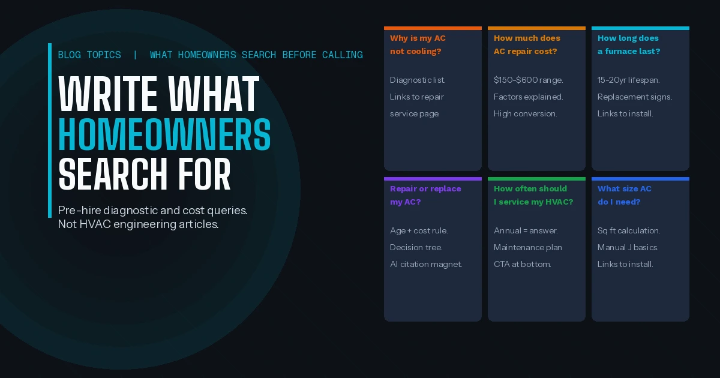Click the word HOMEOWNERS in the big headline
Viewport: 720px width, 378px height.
coord(164,134)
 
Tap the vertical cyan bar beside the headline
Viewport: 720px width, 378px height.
coord(50,131)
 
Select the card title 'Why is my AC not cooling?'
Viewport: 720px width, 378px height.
coord(418,44)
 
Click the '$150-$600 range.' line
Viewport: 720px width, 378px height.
coord(528,80)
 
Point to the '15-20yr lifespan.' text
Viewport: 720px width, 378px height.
coord(628,80)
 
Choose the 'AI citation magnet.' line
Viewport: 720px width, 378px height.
coord(426,264)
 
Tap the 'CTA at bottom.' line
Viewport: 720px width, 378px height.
coord(523,264)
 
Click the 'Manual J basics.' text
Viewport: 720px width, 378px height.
coord(628,247)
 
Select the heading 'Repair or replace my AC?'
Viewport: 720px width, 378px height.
coord(425,195)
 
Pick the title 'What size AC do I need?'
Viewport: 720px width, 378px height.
coord(624,195)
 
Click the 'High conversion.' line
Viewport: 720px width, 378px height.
coord(525,114)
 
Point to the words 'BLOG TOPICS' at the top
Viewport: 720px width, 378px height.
coord(89,55)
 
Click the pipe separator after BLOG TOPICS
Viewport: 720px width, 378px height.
coord(136,55)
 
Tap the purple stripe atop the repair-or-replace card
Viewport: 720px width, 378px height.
coord(433,179)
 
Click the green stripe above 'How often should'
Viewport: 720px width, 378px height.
coord(536,179)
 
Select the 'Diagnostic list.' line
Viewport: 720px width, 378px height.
coord(418,80)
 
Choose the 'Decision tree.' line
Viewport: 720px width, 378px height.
coord(416,247)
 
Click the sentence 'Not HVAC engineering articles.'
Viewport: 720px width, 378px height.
coord(138,224)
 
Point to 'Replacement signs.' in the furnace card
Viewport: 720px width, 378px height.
coord(635,97)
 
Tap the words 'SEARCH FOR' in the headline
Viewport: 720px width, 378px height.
coord(145,174)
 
